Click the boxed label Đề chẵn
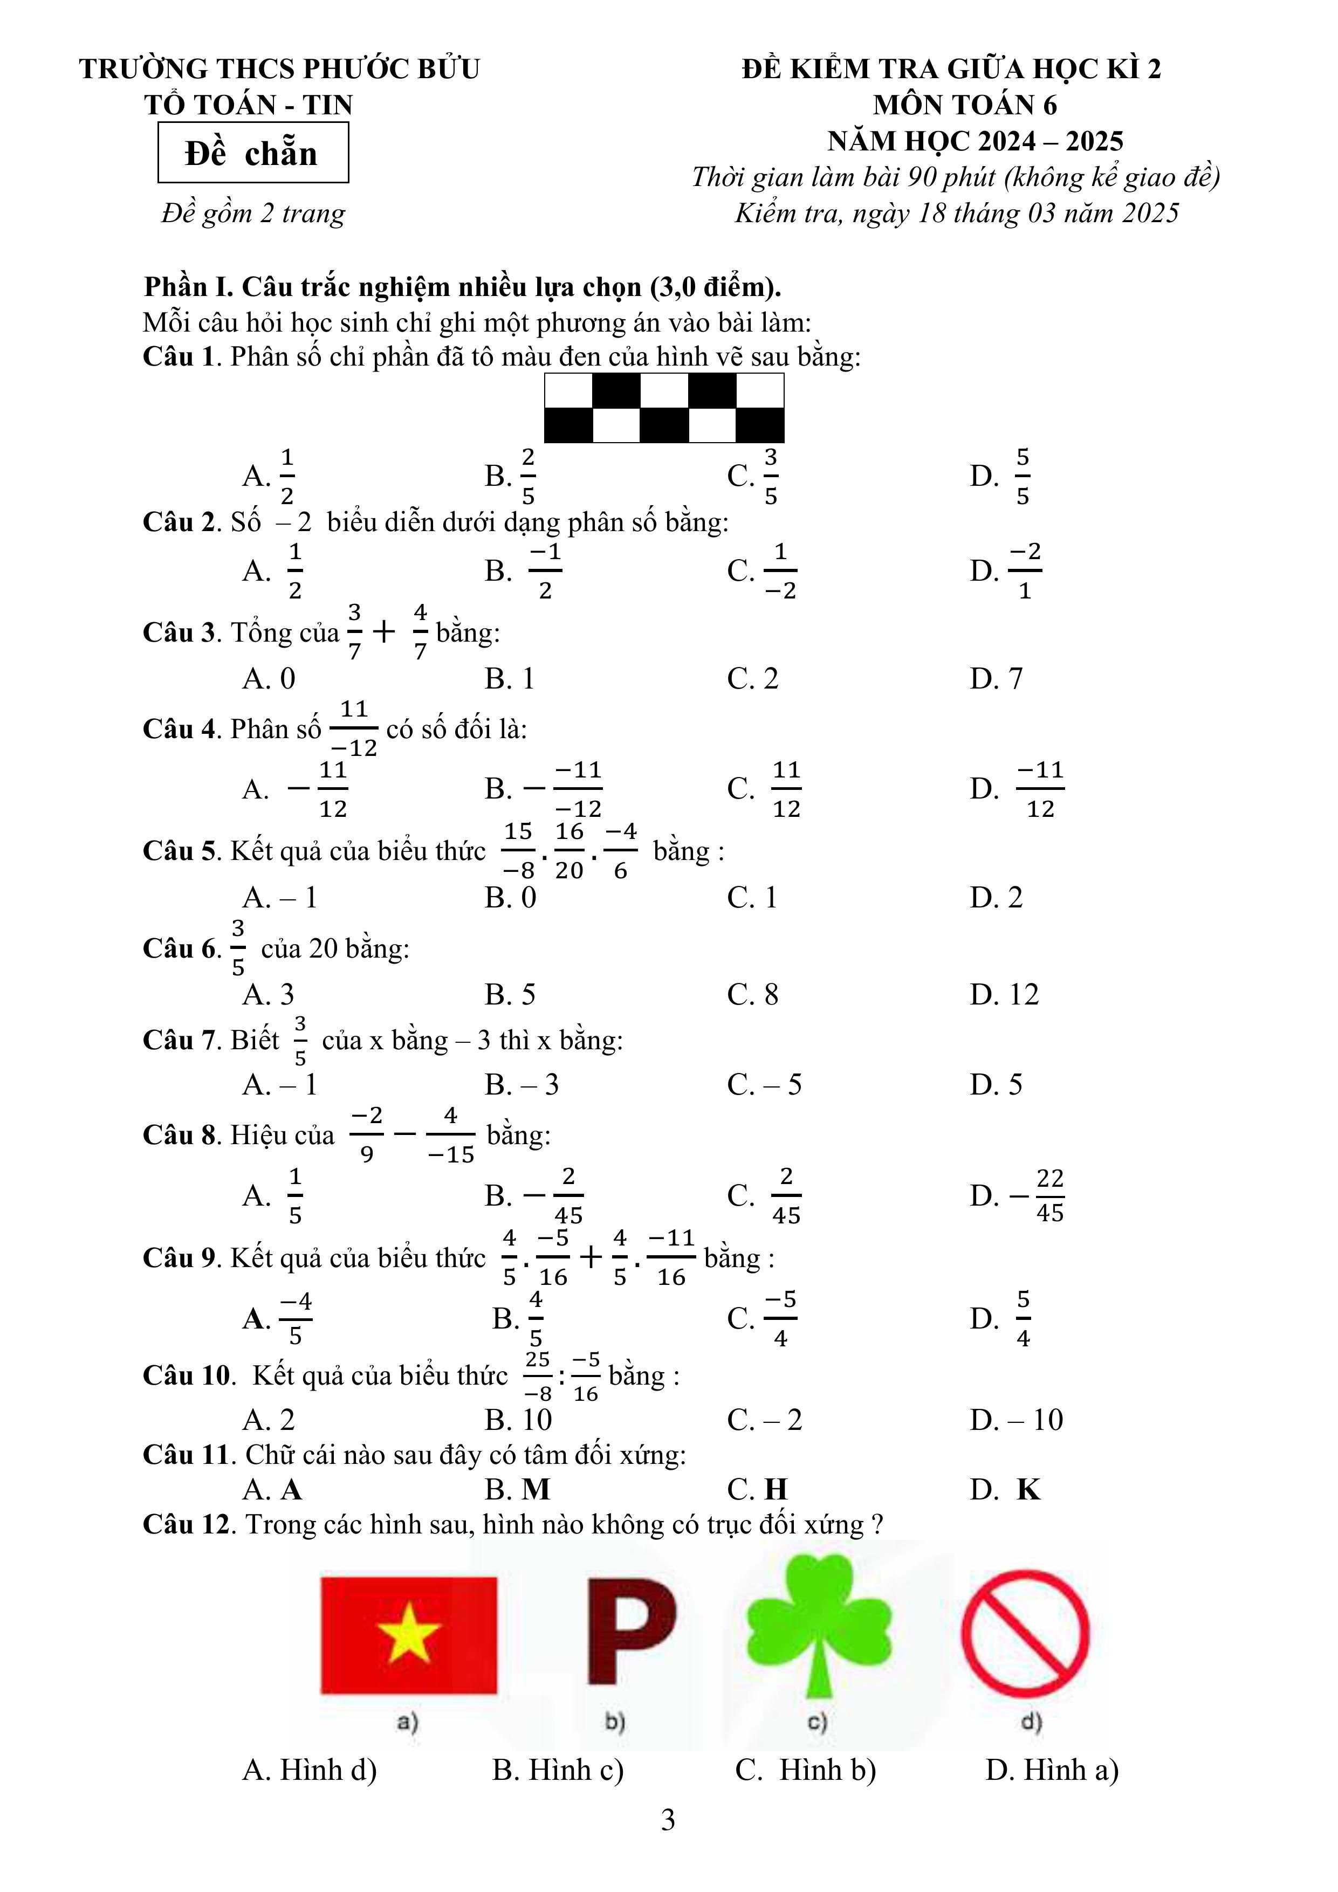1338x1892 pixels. click(x=252, y=153)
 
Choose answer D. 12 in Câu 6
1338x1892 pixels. click(x=1004, y=995)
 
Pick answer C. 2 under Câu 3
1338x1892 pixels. click(x=753, y=678)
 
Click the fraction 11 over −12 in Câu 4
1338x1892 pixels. click(x=354, y=728)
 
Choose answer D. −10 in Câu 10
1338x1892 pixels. click(x=1017, y=1420)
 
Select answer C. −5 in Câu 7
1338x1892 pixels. click(x=764, y=1084)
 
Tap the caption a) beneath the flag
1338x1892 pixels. click(x=407, y=1722)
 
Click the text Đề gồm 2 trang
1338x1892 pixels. click(x=253, y=214)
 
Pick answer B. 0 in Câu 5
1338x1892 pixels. click(x=510, y=897)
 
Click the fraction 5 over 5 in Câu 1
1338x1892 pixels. click(x=1023, y=476)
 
